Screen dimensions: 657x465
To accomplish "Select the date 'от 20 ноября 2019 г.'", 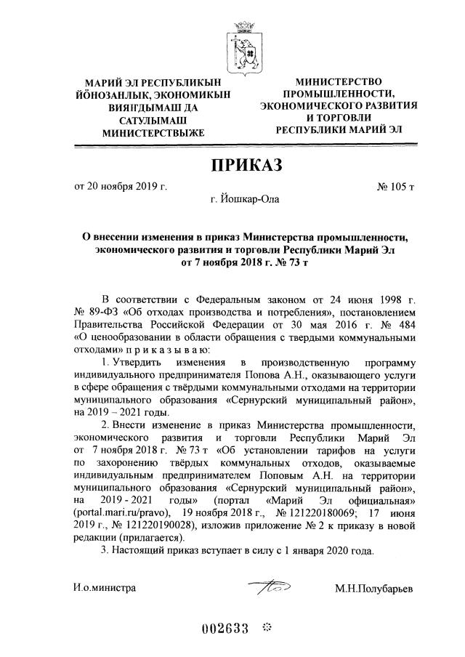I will tap(121, 186).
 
